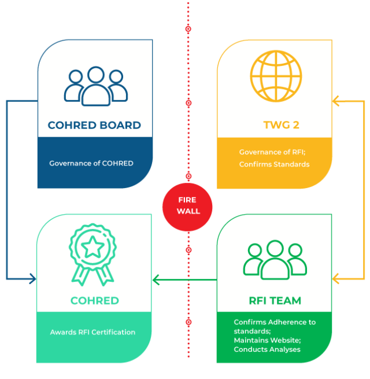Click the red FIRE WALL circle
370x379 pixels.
pos(187,206)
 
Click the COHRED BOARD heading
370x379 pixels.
pos(94,125)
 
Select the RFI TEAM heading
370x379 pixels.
pos(274,301)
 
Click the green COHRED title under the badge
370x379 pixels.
pos(95,301)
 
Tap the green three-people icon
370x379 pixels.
pos(275,260)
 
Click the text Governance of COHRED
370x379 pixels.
pos(91,163)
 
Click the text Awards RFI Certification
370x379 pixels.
pos(92,332)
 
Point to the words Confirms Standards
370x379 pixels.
pos(274,164)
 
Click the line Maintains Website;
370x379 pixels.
pos(267,340)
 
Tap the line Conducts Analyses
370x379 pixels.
pos(267,349)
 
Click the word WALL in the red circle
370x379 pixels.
pos(188,211)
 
